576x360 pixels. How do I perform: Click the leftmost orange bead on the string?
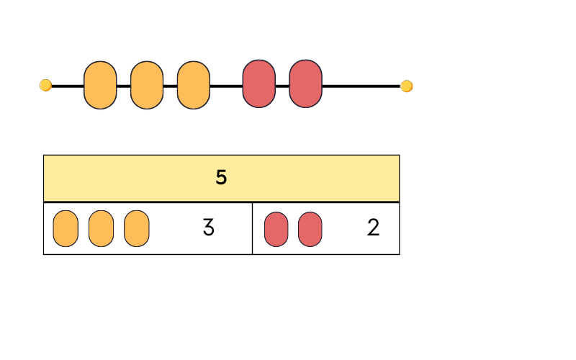pos(100,85)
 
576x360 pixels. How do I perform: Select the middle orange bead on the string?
pos(147,85)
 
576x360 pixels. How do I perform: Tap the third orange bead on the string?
pos(194,85)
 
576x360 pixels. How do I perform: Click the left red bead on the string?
pos(258,84)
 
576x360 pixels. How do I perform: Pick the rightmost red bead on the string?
pos(305,84)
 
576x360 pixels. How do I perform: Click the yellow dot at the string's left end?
pos(45,86)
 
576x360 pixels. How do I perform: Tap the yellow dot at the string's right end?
pos(407,86)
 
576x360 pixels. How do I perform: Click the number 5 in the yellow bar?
pos(221,178)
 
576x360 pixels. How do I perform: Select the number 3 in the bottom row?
pos(208,228)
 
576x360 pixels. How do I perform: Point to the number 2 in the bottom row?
pos(373,228)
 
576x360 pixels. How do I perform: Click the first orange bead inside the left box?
pos(66,228)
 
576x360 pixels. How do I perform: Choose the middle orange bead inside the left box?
pos(101,228)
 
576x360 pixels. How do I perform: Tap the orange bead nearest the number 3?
pos(137,228)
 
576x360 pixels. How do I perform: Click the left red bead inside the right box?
pos(276,229)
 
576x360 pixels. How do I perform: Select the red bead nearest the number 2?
pos(310,229)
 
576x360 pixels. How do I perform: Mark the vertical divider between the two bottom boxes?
pos(252,228)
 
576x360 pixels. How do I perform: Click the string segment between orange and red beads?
pos(226,86)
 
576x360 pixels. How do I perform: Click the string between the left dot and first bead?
pos(68,86)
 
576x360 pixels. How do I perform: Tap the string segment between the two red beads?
pos(282,86)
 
